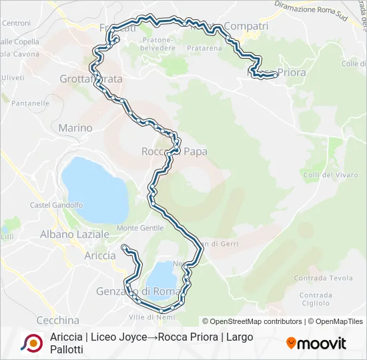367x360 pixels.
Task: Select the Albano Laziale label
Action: [74, 235]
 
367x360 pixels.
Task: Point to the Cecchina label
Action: [57, 320]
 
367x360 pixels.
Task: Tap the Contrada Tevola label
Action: [323, 278]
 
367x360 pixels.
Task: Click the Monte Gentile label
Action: [140, 228]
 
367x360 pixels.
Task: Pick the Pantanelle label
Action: [29, 103]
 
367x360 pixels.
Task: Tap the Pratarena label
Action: [204, 48]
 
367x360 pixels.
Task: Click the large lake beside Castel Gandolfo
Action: [94, 190]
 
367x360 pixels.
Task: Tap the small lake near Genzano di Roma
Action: [161, 275]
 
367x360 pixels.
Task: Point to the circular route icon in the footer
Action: [31, 343]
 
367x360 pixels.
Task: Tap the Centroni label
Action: [16, 23]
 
